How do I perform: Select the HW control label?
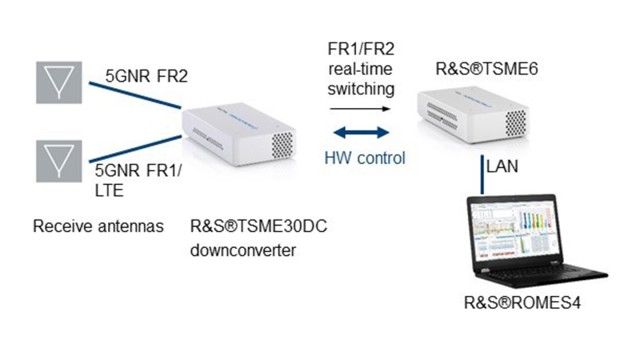[365, 157]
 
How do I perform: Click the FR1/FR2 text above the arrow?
[362, 50]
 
